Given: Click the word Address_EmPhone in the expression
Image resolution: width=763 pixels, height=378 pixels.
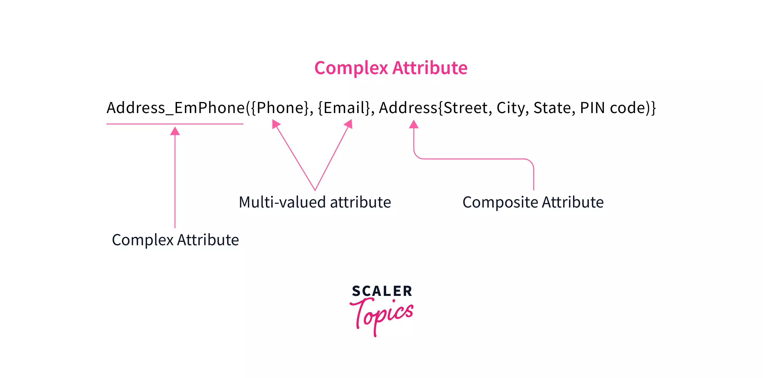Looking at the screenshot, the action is (176, 108).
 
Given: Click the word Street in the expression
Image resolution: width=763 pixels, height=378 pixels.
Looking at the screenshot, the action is (466, 108).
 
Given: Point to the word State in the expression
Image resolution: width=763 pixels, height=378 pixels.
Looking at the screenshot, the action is (552, 108).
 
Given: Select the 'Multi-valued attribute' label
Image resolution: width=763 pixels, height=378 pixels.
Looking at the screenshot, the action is (315, 202).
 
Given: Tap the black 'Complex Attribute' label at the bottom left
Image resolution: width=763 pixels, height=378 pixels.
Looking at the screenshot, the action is (175, 240).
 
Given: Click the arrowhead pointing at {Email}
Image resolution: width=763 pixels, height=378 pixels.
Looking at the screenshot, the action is (349, 124).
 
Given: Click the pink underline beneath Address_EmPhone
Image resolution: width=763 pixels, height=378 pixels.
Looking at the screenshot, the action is (175, 124).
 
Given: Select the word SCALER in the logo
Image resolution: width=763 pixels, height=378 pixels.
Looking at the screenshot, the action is (382, 291).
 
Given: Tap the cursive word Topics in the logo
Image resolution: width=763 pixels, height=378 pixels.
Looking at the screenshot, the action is (381, 316).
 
